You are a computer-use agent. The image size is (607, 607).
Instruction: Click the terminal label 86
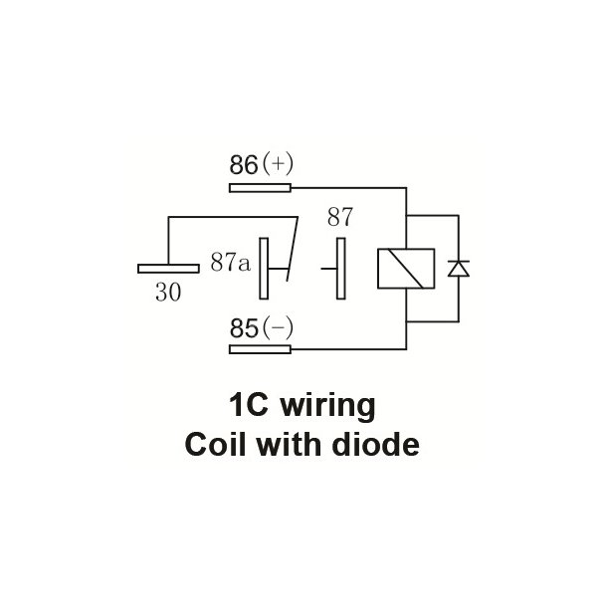coord(243,165)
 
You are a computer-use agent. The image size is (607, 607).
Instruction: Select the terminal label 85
coord(243,327)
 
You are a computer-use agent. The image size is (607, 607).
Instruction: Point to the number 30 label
coord(168,293)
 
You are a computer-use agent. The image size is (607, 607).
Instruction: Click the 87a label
coord(230,262)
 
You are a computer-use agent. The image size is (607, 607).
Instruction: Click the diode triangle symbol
coord(458,268)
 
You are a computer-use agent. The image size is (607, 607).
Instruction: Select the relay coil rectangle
coord(405,268)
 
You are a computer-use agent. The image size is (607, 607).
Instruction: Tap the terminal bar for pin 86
coord(260,187)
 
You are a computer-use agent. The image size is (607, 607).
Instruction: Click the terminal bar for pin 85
coord(260,349)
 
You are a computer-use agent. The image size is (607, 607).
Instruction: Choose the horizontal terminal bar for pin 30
coord(168,268)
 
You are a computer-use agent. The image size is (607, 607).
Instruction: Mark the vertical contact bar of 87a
coord(264,268)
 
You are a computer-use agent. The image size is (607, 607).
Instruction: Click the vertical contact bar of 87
coord(340,268)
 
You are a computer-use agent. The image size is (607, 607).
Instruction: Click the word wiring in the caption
coord(328,407)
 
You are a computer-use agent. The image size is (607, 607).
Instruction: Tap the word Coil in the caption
coord(214,445)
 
